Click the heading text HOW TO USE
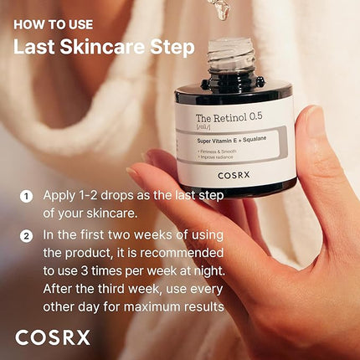(53, 24)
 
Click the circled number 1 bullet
(26, 197)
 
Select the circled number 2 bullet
(26, 235)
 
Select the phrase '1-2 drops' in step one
(107, 197)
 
